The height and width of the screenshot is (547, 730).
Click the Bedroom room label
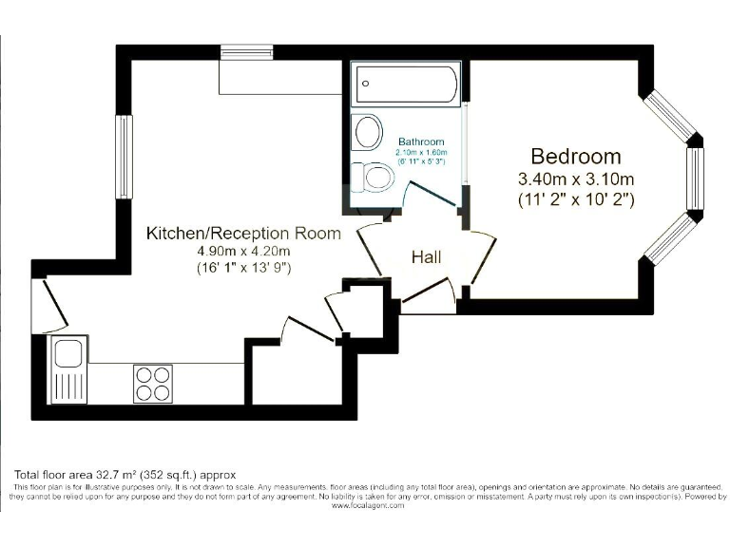click(x=575, y=157)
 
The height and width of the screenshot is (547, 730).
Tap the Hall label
click(x=426, y=256)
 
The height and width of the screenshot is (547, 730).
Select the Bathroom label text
click(x=421, y=141)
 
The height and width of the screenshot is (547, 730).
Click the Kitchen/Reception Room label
click(x=242, y=233)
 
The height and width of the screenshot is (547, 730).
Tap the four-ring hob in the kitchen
click(x=149, y=383)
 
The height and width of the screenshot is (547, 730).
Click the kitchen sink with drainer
click(x=68, y=370)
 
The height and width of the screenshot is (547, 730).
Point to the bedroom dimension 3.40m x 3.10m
click(x=575, y=179)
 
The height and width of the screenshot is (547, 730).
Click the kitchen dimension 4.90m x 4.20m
click(x=242, y=251)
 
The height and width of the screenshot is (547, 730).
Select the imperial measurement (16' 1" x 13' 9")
click(x=242, y=268)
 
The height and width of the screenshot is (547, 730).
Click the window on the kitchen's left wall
click(x=124, y=157)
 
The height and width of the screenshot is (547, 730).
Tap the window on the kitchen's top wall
click(x=246, y=51)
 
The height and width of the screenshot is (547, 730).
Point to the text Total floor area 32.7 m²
click(x=124, y=474)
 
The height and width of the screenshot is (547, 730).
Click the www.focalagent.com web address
click(x=368, y=505)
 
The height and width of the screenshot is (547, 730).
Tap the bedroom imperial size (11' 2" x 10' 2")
click(x=575, y=199)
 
